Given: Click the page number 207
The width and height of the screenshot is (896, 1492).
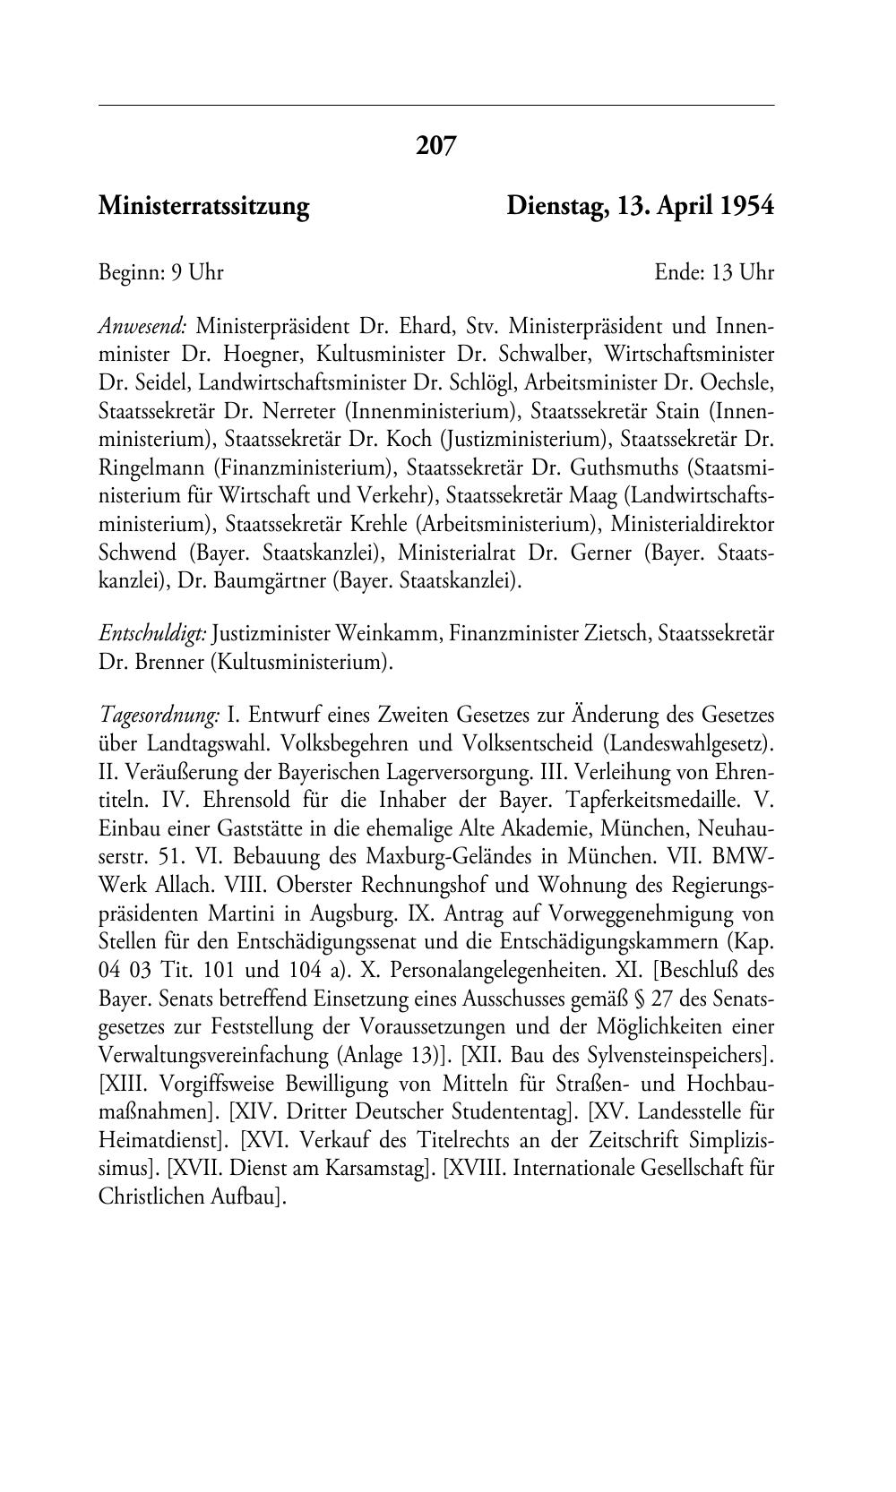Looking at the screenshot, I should pos(436,145).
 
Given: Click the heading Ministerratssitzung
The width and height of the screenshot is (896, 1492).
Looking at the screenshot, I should pos(203,207).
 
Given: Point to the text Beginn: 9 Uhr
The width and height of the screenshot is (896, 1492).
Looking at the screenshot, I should pos(160,272).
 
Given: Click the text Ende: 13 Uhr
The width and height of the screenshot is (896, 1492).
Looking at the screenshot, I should pos(714,272).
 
